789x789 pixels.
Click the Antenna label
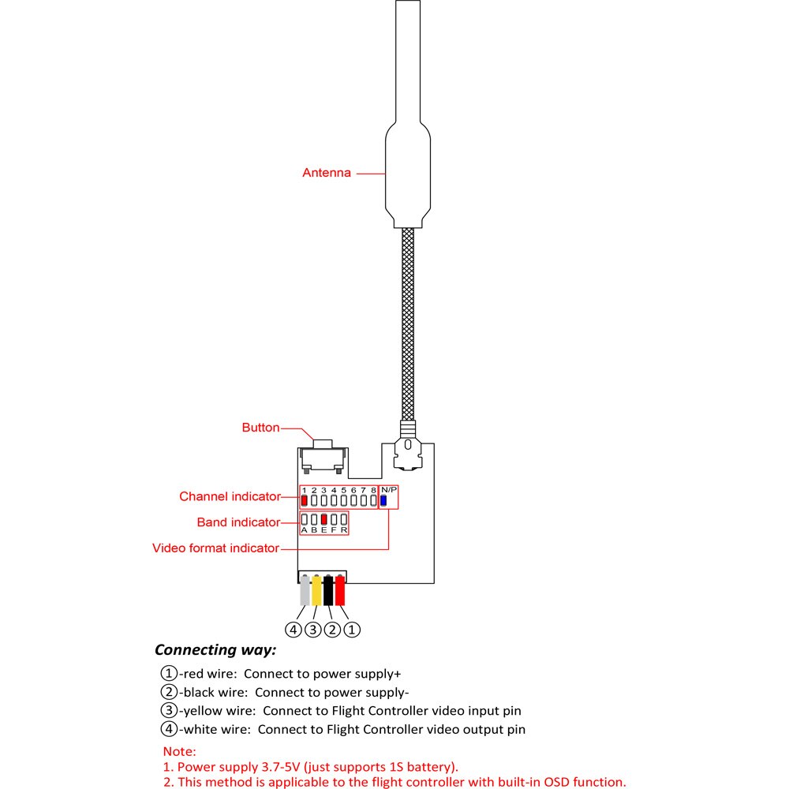327,173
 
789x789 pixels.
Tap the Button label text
260,428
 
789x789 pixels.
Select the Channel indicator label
230,496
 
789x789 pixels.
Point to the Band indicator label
238,522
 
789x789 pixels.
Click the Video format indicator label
215,548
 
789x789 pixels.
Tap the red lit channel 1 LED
305,499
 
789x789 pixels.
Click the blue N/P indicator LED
383,499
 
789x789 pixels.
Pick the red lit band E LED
323,519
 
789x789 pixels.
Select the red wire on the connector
340,590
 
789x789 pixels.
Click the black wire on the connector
328,590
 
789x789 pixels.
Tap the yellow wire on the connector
316,590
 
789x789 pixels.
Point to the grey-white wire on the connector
305,590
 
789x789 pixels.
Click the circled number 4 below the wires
294,630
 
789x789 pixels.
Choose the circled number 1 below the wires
353,630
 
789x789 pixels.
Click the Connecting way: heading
215,650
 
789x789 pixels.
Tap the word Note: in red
179,752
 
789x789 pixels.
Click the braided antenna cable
408,323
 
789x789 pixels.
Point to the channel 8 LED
373,499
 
